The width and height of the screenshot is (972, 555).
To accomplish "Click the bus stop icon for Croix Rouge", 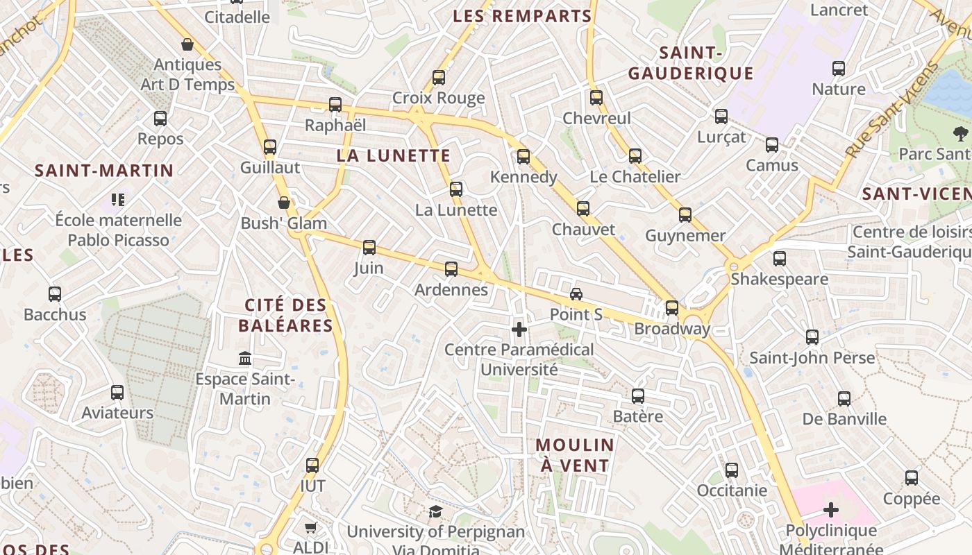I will tap(438, 78).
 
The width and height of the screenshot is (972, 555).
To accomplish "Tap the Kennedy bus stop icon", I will tap(523, 157).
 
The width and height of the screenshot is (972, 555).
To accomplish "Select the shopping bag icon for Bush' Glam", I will tap(283, 203).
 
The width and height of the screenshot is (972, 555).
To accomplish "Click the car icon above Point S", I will tap(576, 293).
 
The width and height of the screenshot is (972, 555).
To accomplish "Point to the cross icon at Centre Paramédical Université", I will tap(519, 329).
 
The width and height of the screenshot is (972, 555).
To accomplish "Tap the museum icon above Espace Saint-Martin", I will tap(245, 359).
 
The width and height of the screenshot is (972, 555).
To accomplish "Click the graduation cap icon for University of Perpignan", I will tap(435, 512).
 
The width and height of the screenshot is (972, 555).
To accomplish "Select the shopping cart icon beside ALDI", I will tap(310, 527).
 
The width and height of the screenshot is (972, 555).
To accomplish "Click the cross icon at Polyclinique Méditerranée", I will tap(830, 511).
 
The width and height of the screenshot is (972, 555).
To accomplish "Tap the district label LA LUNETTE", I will tap(394, 155).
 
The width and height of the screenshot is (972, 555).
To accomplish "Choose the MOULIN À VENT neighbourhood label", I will tap(575, 455).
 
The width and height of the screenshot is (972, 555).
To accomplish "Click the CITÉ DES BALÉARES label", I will tap(285, 315).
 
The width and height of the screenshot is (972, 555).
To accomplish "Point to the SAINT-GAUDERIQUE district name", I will tap(691, 63).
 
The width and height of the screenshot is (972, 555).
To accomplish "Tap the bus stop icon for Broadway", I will tap(671, 308).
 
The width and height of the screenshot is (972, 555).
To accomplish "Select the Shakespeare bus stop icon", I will tap(779, 259).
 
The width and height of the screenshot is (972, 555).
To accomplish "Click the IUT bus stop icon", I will tap(312, 466).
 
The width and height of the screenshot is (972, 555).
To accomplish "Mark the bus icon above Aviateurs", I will tap(117, 393).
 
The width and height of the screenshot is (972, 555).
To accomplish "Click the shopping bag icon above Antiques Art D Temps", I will tap(187, 45).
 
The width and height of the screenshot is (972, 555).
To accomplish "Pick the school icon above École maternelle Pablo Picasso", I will tap(118, 200).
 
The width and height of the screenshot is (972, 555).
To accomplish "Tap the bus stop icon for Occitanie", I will tap(731, 470).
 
